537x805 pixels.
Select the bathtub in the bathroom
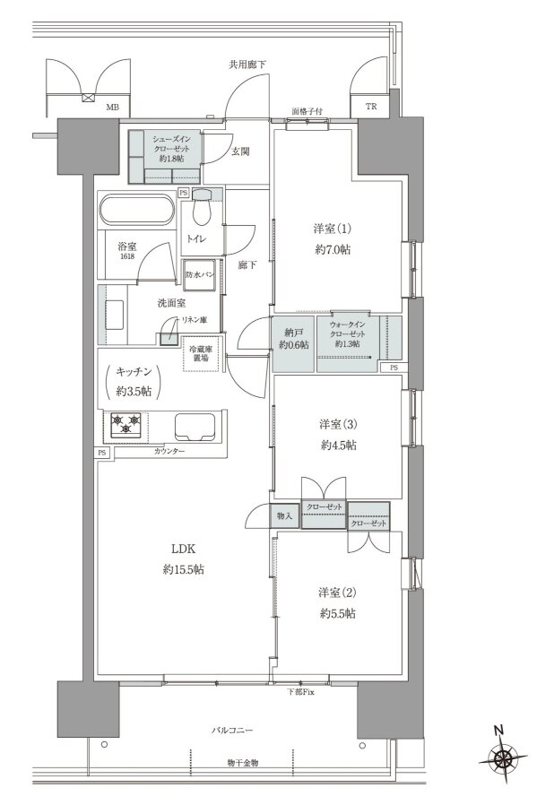point(137,210)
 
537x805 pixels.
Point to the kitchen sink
point(195,426)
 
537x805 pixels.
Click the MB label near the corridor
point(112,108)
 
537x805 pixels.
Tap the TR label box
point(371,107)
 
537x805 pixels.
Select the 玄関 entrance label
point(239,151)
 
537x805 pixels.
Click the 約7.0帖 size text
point(333,250)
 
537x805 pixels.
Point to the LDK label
point(184,549)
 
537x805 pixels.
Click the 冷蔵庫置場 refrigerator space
point(201,354)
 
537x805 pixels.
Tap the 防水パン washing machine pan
point(201,275)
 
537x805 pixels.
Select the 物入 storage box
point(285,515)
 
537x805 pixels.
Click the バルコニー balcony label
point(232,730)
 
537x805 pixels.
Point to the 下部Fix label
point(300,692)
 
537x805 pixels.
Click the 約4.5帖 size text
point(338,446)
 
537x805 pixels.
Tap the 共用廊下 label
point(247,65)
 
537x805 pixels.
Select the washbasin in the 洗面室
point(115,315)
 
